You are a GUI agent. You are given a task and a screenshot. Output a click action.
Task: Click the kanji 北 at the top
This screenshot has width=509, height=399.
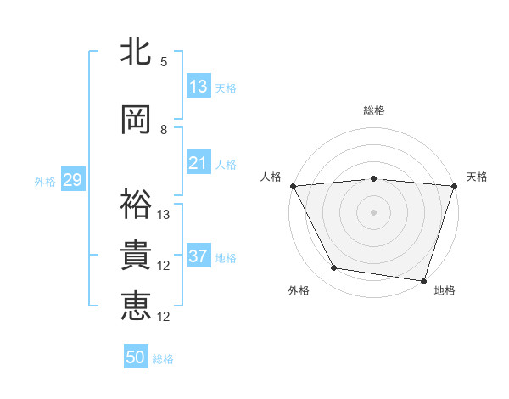coord(136,53)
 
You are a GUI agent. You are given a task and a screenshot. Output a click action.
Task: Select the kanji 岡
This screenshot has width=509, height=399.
coord(136,120)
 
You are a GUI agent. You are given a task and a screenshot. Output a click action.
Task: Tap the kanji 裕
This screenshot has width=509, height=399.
coord(136,204)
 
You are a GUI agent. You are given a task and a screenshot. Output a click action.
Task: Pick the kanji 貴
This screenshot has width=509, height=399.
coord(136,256)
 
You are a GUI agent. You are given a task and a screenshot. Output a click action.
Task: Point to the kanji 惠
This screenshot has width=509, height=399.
coord(136,306)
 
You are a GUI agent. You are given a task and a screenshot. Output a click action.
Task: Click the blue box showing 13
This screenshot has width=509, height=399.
coord(199,87)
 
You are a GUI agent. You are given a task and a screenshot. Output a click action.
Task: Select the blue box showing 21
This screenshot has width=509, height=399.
coord(199,163)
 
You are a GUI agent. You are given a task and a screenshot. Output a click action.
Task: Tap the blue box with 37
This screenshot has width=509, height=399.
coord(199,256)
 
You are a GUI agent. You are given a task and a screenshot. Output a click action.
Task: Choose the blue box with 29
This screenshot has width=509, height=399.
coord(72,180)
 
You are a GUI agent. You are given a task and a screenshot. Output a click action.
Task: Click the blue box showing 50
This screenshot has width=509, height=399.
coord(136,357)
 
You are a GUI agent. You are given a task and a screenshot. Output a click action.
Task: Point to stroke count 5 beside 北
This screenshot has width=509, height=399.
coord(164,62)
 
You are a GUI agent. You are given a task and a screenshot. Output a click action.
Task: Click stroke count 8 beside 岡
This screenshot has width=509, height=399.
coord(164,130)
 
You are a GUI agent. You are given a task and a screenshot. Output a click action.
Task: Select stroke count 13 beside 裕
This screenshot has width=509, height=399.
coord(164,215)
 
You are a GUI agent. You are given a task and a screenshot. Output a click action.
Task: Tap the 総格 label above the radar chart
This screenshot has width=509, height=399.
coord(374,110)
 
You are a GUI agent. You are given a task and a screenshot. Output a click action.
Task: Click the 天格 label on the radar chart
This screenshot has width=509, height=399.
coord(477,177)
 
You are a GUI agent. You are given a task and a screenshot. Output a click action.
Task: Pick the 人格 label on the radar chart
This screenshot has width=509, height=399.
coord(271,177)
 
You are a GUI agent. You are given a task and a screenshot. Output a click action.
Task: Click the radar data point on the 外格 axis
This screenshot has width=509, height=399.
coord(334,268)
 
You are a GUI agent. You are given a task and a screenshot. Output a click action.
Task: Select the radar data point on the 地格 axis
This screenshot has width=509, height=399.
coord(423,281)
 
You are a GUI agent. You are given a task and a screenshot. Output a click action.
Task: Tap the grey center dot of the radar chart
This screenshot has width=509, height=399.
coord(374,211)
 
